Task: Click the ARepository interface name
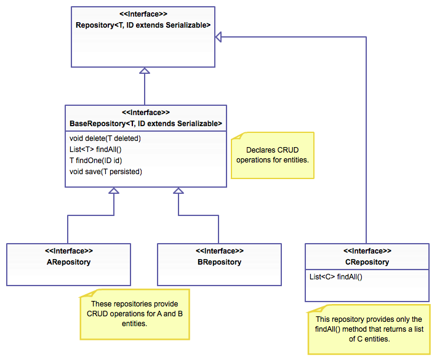tap(68, 262)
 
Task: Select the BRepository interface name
tap(218, 262)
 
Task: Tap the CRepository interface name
tap(367, 262)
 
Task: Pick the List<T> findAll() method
tap(96, 149)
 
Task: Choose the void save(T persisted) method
tap(106, 171)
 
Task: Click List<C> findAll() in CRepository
tap(336, 277)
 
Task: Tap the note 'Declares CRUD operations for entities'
tap(272, 155)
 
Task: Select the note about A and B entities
tap(134, 314)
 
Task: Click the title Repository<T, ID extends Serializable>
tap(143, 25)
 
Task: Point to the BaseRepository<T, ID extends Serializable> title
tap(146, 124)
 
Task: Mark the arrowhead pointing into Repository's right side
tap(218, 38)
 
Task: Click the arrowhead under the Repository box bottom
tap(144, 71)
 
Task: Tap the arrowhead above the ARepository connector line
tap(114, 190)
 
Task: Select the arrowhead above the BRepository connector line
tap(178, 190)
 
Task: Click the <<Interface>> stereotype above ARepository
tap(68, 251)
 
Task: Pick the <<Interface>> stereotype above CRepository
tap(367, 251)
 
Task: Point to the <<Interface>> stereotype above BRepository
tap(218, 251)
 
